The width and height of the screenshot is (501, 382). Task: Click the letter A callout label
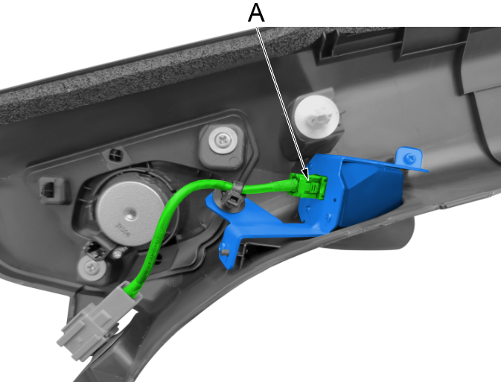pos(256,13)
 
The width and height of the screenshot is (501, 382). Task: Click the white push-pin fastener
pos(316,117)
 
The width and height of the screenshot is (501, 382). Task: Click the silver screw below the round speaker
pos(92,267)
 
